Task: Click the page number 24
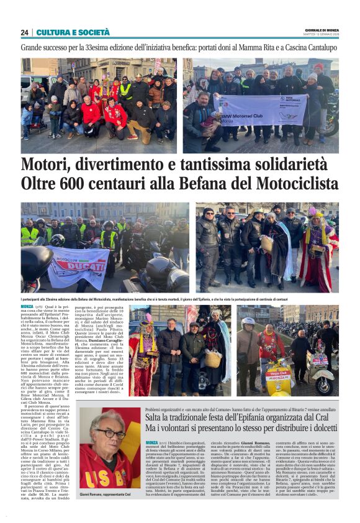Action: coord(24,32)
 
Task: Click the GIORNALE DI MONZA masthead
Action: coord(323,30)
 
